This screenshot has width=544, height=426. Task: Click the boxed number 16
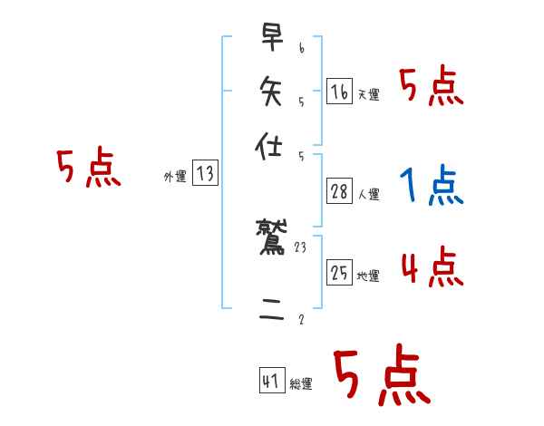click(339, 92)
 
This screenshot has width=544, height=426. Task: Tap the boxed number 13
click(205, 174)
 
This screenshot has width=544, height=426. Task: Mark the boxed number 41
click(271, 382)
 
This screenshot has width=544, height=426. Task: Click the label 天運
click(368, 94)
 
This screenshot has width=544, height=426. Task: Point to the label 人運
click(369, 194)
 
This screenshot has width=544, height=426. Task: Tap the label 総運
click(300, 384)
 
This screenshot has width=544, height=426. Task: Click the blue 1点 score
click(431, 186)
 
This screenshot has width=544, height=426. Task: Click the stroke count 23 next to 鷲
click(302, 246)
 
